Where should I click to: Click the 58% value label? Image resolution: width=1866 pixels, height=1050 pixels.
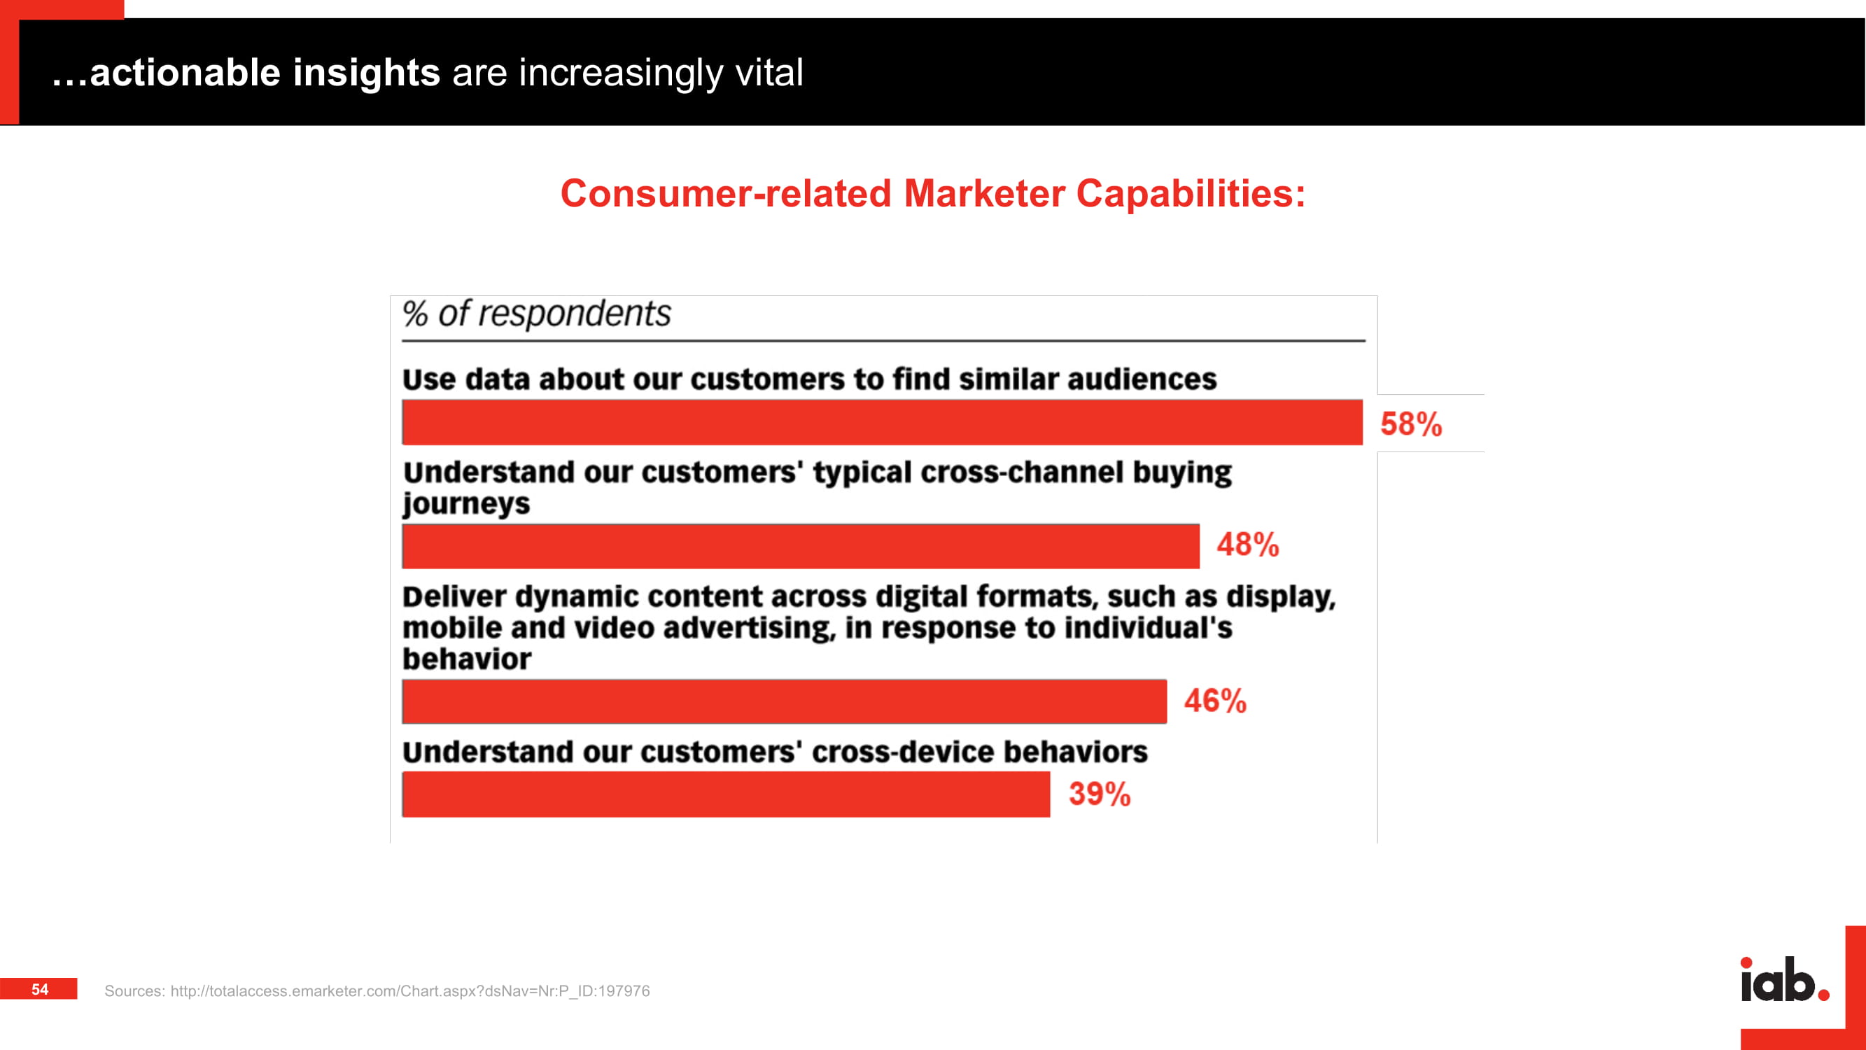tap(1410, 424)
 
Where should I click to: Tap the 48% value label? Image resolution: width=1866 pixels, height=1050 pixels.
tap(1247, 545)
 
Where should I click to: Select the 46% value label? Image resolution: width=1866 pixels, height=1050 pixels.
tap(1215, 701)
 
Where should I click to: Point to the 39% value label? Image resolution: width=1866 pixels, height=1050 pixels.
tap(1100, 794)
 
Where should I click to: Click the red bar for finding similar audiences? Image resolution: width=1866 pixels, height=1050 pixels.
tap(883, 421)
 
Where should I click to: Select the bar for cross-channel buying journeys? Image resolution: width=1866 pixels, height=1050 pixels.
tap(801, 547)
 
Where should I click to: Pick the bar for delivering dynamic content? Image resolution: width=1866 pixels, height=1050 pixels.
tap(785, 701)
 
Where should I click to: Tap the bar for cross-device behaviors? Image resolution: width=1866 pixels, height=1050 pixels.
tap(726, 794)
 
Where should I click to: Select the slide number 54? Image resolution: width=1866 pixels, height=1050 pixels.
tap(39, 989)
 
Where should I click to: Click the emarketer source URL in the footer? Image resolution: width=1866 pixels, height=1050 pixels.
tap(410, 990)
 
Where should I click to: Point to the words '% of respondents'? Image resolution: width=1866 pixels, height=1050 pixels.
tap(537, 314)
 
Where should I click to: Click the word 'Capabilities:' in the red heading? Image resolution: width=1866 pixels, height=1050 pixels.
tap(1191, 194)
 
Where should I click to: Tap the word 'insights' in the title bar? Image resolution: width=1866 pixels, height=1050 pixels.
tap(367, 73)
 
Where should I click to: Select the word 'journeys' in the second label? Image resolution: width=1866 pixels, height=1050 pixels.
tap(466, 503)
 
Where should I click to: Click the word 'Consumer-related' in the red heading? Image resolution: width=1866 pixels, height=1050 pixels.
tap(726, 194)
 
